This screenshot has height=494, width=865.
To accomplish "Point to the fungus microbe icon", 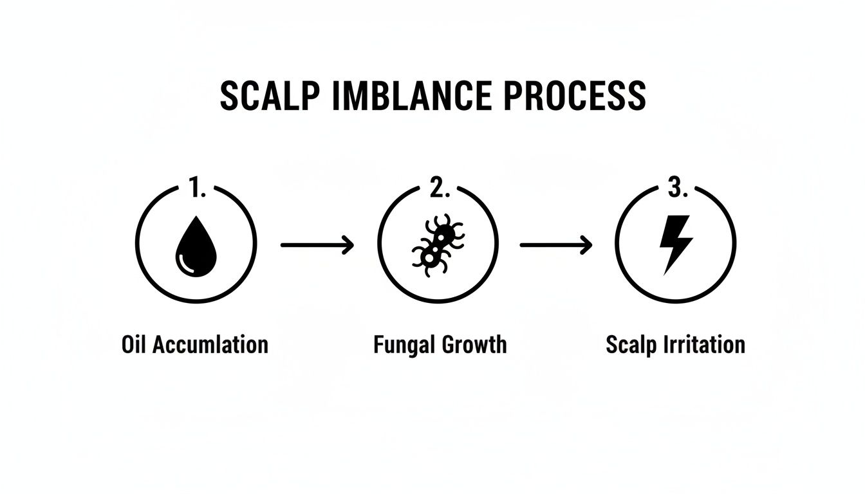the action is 437,245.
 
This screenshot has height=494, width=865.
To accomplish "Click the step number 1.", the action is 196,187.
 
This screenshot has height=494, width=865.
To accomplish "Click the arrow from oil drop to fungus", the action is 317,244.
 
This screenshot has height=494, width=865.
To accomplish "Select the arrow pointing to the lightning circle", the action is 555,244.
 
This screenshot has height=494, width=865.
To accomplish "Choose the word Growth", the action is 473,344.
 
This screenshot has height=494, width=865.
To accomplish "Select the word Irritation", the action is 704,344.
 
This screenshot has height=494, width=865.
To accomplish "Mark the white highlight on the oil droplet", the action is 185,261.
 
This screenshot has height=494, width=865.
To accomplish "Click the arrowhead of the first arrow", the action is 348,244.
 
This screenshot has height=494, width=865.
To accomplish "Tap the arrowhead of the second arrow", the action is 586,244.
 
